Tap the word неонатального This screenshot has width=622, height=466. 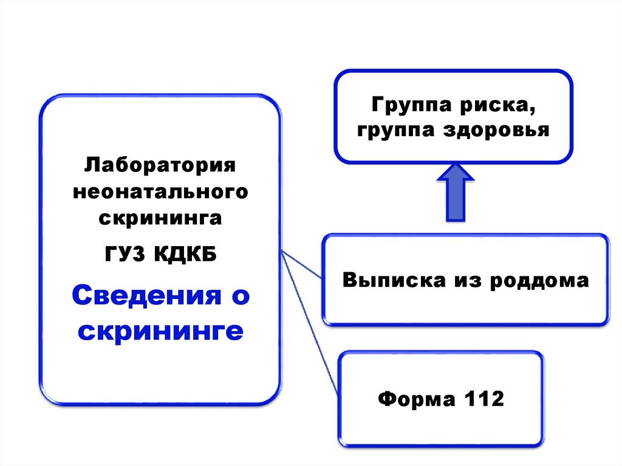(x=160, y=192)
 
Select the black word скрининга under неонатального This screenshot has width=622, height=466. (x=160, y=218)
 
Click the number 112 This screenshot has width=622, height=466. (x=484, y=400)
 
